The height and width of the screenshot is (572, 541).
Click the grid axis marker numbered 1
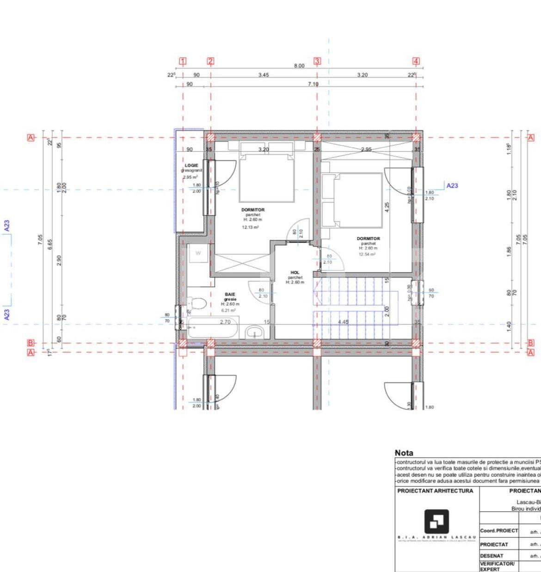pos(183,61)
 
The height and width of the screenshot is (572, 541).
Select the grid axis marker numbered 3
pos(317,61)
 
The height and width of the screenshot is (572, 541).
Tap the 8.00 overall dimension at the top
pos(299,66)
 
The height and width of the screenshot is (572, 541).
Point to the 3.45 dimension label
pos(263,75)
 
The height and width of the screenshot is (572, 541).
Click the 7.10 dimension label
pos(313,84)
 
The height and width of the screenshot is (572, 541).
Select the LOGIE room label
pos(191,165)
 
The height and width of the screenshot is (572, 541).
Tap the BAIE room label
pos(230,294)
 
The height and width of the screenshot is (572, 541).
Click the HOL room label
pos(295,273)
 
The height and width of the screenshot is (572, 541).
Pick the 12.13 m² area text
pos(250,228)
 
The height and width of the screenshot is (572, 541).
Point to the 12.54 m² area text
pos(368,254)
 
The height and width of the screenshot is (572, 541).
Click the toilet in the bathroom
pos(197,304)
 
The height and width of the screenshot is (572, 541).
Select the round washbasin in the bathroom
pos(254,332)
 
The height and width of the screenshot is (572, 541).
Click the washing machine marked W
pos(198,253)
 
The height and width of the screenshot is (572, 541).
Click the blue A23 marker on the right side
pos(452,185)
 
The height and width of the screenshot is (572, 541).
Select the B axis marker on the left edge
pos(31,343)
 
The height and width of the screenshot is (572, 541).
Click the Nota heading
pos(404,453)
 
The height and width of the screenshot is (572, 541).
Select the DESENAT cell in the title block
pos(492,556)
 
